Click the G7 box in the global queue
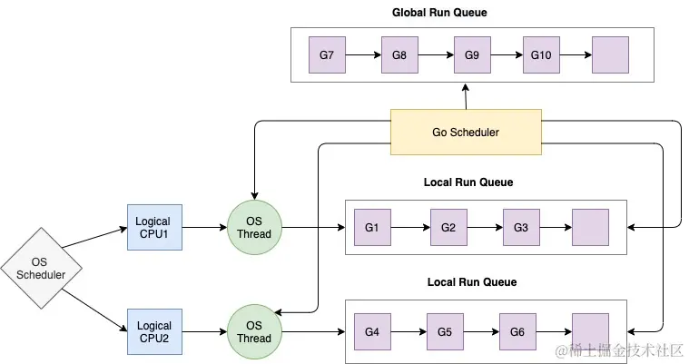[x=327, y=55]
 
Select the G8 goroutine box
[x=399, y=55]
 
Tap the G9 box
[x=471, y=55]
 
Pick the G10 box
[x=541, y=55]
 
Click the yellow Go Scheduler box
[x=466, y=132]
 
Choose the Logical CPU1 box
[x=154, y=227]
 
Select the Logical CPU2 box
[x=154, y=331]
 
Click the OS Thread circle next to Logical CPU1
[x=254, y=227]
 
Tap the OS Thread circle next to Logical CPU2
[x=254, y=331]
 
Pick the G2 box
[x=448, y=227]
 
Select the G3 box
[x=520, y=227]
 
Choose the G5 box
[x=444, y=331]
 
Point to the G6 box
[x=517, y=331]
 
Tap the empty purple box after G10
[x=610, y=55]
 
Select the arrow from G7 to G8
[x=363, y=55]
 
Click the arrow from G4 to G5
[x=408, y=331]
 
